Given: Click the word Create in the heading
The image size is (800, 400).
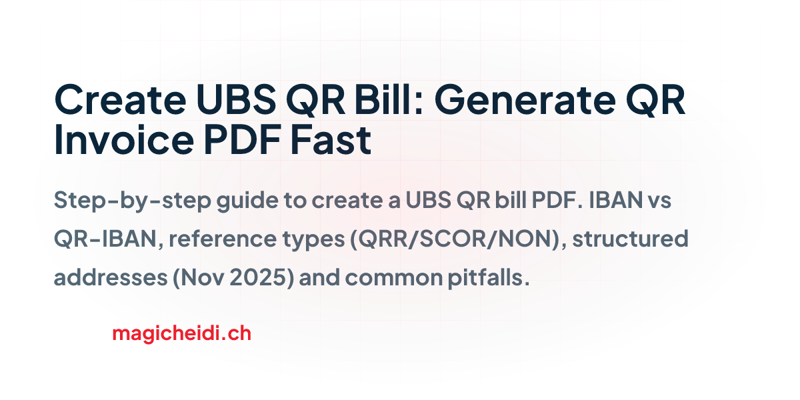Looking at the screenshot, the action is coord(121,99).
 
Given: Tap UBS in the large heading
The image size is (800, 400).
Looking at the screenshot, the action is coord(237,99).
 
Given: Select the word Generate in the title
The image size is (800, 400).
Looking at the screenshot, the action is coord(525,99).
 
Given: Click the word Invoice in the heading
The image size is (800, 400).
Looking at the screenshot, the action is coord(124,139).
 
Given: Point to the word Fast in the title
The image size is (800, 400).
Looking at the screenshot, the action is coord(331,139).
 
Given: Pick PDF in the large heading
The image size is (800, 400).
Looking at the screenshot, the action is coord(242,139).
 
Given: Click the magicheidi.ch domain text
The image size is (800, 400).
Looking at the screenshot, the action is coord(182,333).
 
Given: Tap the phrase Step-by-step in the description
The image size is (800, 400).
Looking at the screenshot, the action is coord(132,201).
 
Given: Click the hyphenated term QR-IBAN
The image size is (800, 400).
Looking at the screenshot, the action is coord(106,239).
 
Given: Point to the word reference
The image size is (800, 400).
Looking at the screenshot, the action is coord(223,239).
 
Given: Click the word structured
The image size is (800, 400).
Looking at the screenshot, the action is coord(631,239).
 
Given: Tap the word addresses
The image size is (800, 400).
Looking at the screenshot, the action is coord(111,277).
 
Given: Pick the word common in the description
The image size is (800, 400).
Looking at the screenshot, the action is coord(394,278).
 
